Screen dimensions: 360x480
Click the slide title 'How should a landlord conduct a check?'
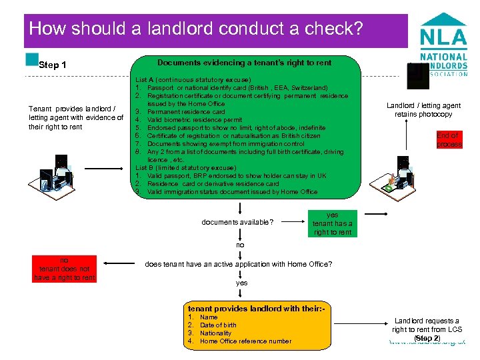196,29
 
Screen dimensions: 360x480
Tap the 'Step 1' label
53,65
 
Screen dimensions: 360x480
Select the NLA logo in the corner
442,46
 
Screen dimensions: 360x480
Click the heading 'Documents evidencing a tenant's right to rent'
245,63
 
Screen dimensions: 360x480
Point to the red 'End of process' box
449,139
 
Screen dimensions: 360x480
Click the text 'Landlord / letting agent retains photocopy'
423,110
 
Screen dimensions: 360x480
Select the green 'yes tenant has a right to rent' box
332,224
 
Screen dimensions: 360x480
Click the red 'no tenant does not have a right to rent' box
64,269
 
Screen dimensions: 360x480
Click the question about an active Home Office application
239,264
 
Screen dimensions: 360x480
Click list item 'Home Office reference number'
245,341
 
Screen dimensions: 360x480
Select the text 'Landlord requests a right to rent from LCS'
427,325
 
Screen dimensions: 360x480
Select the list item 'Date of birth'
218,325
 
